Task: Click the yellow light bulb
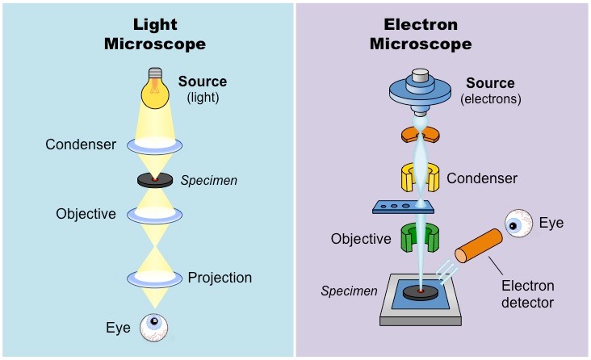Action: coord(155,89)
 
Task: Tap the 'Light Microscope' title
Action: coord(155,34)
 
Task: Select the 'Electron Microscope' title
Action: coord(421,34)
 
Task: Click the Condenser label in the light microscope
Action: coord(81,144)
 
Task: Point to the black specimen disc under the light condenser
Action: coord(155,180)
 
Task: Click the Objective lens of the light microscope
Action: coord(154,215)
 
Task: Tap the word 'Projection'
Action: coord(220,278)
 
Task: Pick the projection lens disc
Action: coord(154,279)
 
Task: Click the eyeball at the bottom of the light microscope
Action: coord(153,328)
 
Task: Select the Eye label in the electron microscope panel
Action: coord(551,223)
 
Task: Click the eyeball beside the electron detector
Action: coord(518,224)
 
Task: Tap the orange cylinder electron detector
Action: coord(479,245)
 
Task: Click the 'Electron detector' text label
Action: coord(528,294)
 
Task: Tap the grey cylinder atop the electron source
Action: coord(421,77)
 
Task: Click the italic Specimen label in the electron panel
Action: coord(349,291)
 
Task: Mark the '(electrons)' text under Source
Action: coord(490,99)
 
